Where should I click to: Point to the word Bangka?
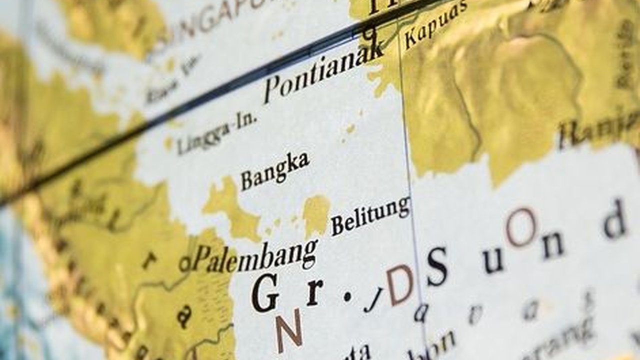click(274, 170)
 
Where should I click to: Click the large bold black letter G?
click(265, 293)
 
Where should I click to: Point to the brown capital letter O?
click(520, 227)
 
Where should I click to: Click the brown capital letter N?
click(289, 330)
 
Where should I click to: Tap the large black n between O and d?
click(553, 245)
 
